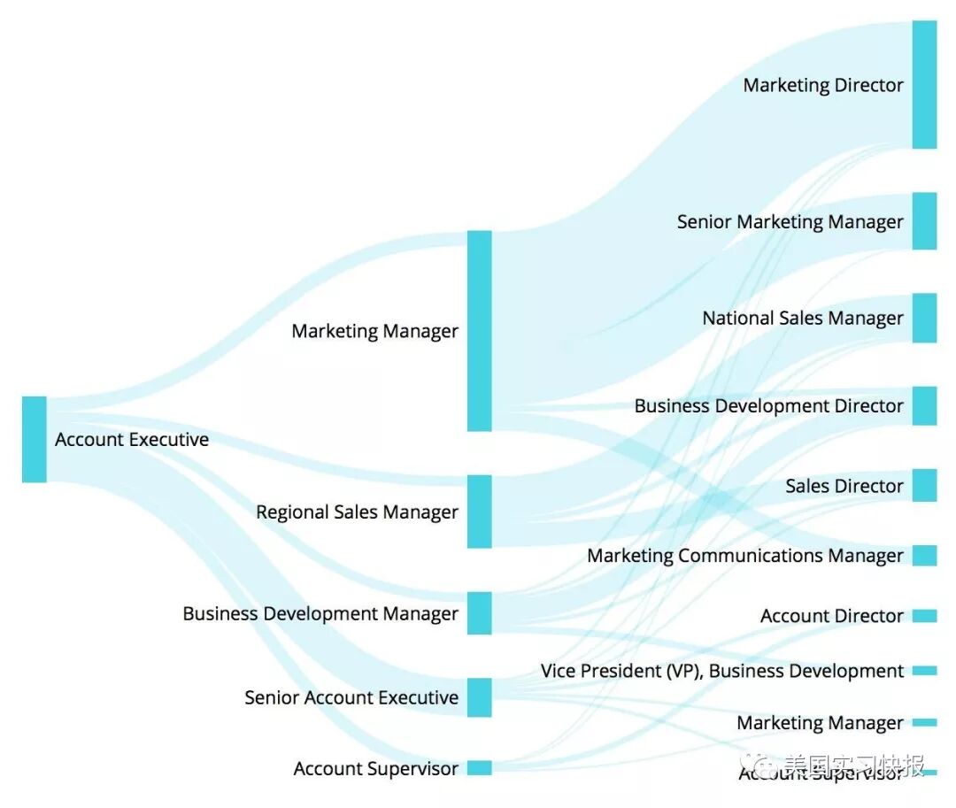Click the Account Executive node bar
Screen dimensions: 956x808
pos(34,439)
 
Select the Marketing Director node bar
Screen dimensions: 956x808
pos(924,85)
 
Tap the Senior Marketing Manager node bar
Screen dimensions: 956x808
pos(924,221)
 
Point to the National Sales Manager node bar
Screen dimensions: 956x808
pos(924,318)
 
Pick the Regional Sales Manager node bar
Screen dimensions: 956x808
pos(479,512)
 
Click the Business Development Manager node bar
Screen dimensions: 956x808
pos(479,613)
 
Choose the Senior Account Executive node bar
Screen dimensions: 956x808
pos(479,697)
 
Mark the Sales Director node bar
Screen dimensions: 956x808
pos(924,486)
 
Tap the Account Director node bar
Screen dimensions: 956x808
pos(924,616)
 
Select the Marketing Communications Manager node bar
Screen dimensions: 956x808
pos(924,556)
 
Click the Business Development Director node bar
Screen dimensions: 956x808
pos(924,405)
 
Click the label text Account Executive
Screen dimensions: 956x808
pos(132,440)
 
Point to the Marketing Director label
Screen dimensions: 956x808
pos(823,86)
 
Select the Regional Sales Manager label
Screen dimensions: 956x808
pos(357,512)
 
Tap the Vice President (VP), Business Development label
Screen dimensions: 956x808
pos(722,671)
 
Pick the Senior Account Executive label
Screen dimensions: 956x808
pos(351,697)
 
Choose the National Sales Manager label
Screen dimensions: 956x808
pos(803,319)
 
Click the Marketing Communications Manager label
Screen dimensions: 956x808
pos(745,556)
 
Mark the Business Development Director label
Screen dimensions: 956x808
pos(768,406)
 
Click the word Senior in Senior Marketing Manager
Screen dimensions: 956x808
pos(705,222)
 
